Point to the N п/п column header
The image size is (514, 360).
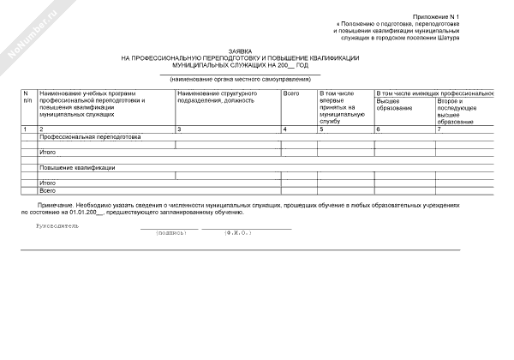click(x=27, y=96)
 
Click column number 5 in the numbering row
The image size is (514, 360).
click(x=321, y=129)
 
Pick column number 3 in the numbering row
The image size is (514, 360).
click(x=179, y=129)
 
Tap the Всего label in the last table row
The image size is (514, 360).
click(x=48, y=190)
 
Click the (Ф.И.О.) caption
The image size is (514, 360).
click(x=237, y=232)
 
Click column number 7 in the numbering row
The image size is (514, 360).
click(x=439, y=129)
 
